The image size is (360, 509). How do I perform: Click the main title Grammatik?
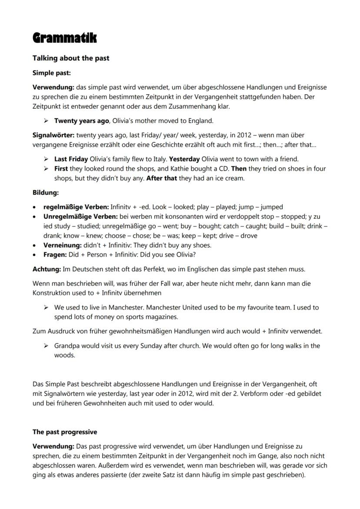click(x=64, y=38)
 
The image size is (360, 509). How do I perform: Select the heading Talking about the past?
click(x=71, y=58)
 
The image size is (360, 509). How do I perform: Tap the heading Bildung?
click(x=46, y=192)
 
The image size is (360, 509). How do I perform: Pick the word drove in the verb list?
click(x=248, y=236)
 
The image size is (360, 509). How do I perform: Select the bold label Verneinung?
click(x=63, y=245)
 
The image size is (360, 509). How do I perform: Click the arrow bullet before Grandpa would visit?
click(x=46, y=346)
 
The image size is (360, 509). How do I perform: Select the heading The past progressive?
click(x=65, y=432)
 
